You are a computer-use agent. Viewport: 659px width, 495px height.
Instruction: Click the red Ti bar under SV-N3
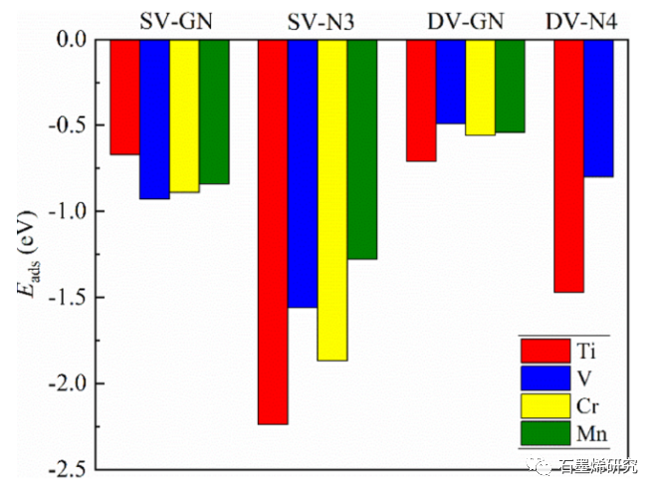(x=273, y=231)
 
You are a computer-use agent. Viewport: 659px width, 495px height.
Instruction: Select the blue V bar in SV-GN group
(x=154, y=119)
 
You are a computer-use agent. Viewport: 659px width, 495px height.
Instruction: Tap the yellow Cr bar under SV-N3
(x=332, y=199)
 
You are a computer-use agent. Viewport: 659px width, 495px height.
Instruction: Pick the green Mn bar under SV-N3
(x=362, y=148)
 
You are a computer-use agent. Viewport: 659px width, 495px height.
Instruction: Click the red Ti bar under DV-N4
(x=568, y=165)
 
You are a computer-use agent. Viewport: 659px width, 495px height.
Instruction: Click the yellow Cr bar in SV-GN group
(x=184, y=116)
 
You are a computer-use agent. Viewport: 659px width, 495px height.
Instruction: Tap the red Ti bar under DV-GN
(x=421, y=100)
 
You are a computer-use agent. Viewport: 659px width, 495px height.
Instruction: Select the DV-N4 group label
(x=586, y=20)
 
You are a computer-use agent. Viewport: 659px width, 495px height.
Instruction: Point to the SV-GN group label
(x=169, y=20)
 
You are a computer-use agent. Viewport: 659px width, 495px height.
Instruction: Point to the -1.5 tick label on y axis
(x=67, y=298)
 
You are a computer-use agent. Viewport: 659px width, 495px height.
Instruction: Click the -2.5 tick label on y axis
(x=67, y=469)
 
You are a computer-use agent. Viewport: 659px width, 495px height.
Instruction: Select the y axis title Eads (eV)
(x=27, y=254)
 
